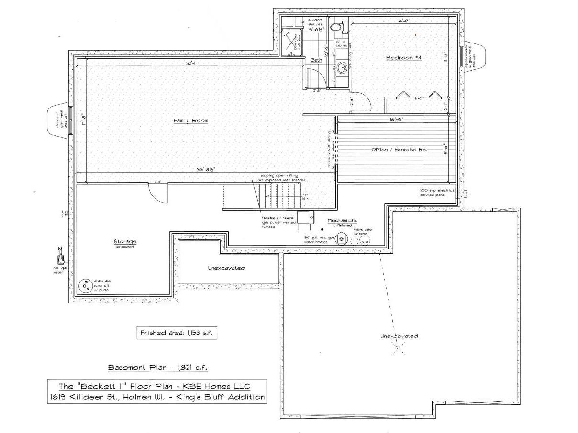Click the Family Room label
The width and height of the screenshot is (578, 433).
click(190, 121)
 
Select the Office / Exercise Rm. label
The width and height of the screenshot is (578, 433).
click(399, 150)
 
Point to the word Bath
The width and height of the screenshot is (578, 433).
click(316, 60)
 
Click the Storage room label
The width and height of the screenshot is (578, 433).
click(125, 241)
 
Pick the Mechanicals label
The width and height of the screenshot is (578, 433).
click(342, 220)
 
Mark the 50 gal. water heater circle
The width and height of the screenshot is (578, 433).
click(342, 238)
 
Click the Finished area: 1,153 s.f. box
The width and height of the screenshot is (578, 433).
click(177, 333)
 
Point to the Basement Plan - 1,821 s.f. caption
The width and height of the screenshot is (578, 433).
click(158, 368)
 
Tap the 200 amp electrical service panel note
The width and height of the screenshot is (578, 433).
click(437, 192)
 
